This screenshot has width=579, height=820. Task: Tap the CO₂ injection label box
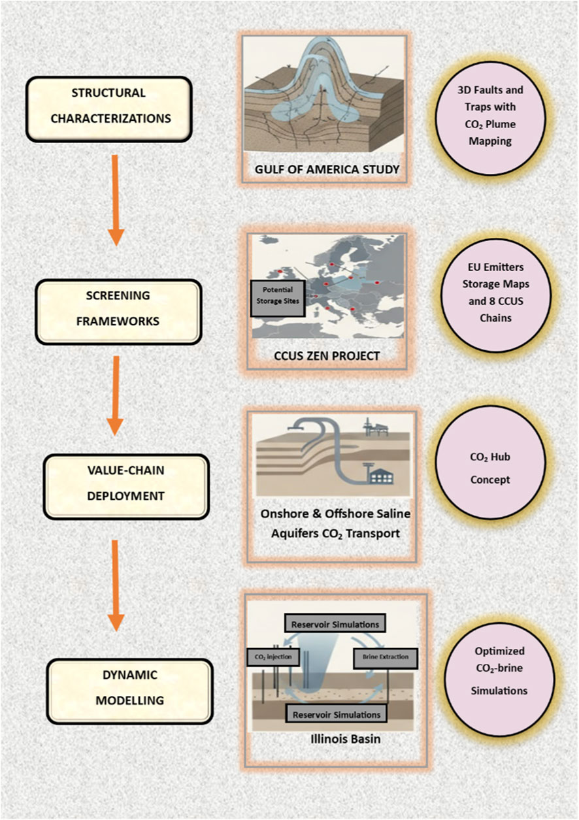click(270, 655)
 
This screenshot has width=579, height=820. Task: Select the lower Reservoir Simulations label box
click(337, 713)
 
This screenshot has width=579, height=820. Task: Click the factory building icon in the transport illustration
click(380, 476)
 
